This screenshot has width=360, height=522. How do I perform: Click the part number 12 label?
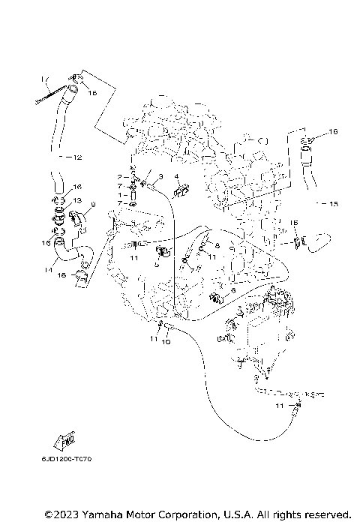[77, 158]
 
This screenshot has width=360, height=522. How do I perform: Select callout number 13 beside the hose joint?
[77, 200]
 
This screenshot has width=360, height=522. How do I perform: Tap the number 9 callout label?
[92, 204]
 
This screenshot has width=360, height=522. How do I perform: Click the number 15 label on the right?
[334, 203]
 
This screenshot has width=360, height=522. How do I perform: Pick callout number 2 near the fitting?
[118, 176]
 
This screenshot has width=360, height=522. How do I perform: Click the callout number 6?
[233, 290]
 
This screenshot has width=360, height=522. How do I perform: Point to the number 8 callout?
[217, 245]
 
